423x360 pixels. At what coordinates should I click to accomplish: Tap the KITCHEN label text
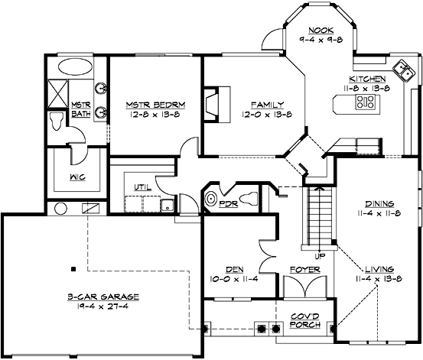tap(368, 79)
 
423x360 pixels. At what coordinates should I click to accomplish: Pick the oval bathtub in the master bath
tap(71, 66)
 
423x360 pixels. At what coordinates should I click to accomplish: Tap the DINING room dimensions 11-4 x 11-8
tap(379, 214)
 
